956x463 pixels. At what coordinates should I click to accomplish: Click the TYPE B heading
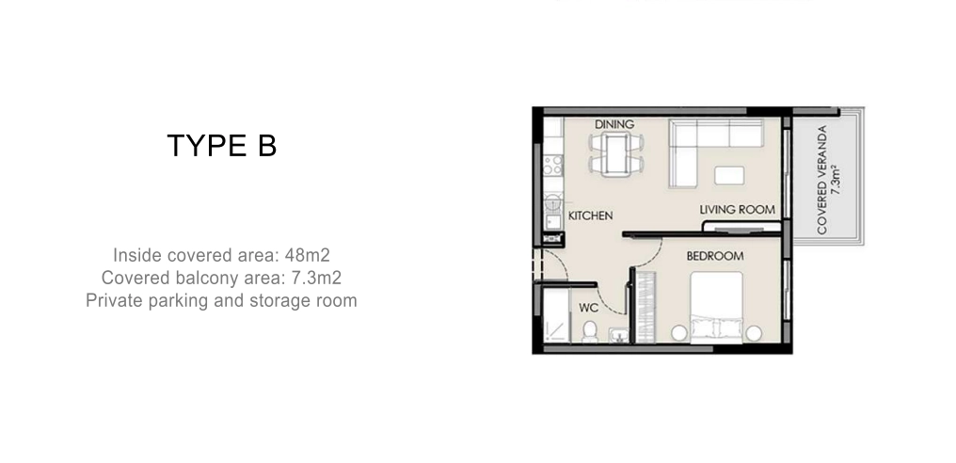[222, 146]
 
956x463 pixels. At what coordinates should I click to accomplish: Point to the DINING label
[614, 124]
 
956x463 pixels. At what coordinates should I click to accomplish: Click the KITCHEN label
[590, 216]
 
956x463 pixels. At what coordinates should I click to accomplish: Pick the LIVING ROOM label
[737, 210]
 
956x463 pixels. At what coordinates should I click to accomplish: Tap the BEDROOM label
[714, 256]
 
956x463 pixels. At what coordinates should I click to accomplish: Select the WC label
[588, 308]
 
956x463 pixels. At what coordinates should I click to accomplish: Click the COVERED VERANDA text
[821, 180]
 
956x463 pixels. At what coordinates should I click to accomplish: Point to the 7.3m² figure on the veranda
[836, 180]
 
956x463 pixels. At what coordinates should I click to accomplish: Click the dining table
[615, 154]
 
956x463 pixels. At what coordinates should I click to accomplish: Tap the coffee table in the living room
[729, 175]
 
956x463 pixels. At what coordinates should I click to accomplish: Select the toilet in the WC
[590, 332]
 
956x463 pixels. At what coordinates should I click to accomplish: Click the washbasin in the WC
[618, 334]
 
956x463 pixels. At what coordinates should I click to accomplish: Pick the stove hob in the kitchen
[553, 165]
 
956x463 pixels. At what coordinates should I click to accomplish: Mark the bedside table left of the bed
[679, 333]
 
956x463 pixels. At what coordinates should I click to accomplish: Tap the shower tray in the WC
[556, 316]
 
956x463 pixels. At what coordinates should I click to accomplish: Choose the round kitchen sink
[553, 201]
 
